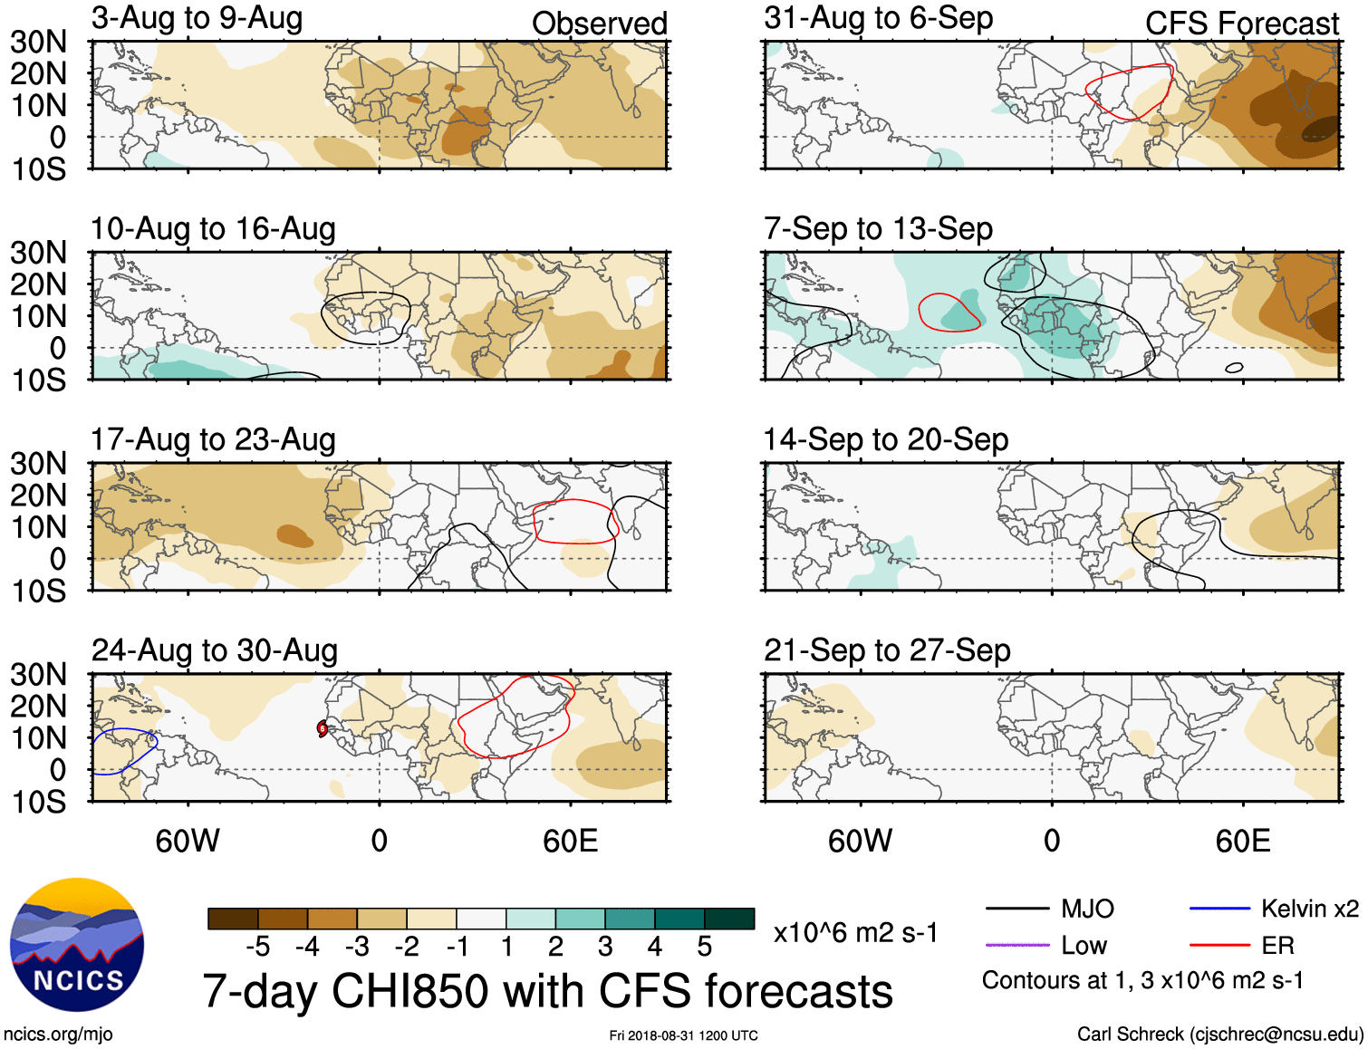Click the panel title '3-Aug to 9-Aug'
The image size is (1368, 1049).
pyautogui.click(x=197, y=18)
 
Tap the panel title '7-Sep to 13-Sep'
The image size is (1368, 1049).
pyautogui.click(x=878, y=228)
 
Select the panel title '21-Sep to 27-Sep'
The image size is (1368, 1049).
pyautogui.click(x=887, y=650)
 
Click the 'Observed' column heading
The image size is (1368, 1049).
pyautogui.click(x=599, y=24)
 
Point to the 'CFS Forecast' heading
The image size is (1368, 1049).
pyautogui.click(x=1241, y=24)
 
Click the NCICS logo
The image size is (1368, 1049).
pyautogui.click(x=77, y=945)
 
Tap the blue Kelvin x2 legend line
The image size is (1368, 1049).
pyautogui.click(x=1219, y=909)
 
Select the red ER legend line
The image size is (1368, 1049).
pyautogui.click(x=1219, y=946)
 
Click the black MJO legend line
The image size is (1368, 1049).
pyautogui.click(x=1016, y=909)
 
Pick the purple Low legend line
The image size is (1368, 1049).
pyautogui.click(x=1016, y=946)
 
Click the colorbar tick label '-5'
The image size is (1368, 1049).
pyautogui.click(x=257, y=947)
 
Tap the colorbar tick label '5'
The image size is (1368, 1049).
pyautogui.click(x=704, y=947)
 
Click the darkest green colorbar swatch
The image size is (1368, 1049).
pyautogui.click(x=729, y=919)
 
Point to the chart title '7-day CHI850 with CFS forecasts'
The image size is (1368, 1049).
pyautogui.click(x=547, y=991)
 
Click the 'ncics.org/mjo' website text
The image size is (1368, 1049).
pyautogui.click(x=58, y=1035)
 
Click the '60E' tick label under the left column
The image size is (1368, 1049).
pyautogui.click(x=570, y=841)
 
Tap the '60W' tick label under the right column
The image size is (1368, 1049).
pyautogui.click(x=860, y=841)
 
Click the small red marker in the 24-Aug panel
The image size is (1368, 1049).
pyautogui.click(x=323, y=728)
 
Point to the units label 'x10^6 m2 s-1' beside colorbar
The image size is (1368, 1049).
pyautogui.click(x=855, y=933)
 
